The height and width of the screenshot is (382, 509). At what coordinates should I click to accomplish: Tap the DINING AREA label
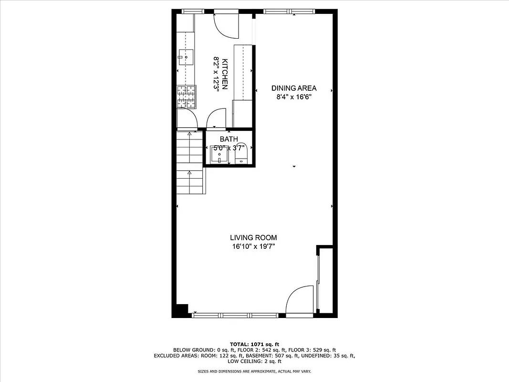(x=294, y=88)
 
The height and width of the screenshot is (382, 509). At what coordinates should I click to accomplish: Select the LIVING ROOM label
(x=253, y=237)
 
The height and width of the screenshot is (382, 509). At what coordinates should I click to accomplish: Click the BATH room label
(x=229, y=139)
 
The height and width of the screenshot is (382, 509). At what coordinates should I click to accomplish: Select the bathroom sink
(x=219, y=155)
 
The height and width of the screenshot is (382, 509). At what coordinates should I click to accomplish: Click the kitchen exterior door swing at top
(x=226, y=25)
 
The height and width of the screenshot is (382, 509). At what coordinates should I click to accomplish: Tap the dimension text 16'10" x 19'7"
(x=253, y=246)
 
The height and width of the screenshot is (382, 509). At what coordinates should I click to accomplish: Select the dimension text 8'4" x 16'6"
(x=294, y=96)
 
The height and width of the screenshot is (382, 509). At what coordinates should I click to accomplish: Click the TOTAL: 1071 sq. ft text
(x=254, y=344)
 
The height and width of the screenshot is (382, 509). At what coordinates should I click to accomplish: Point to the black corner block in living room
(x=182, y=309)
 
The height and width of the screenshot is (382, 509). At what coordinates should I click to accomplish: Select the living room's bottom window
(x=235, y=315)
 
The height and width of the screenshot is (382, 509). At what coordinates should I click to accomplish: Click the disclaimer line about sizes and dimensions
(x=254, y=371)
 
